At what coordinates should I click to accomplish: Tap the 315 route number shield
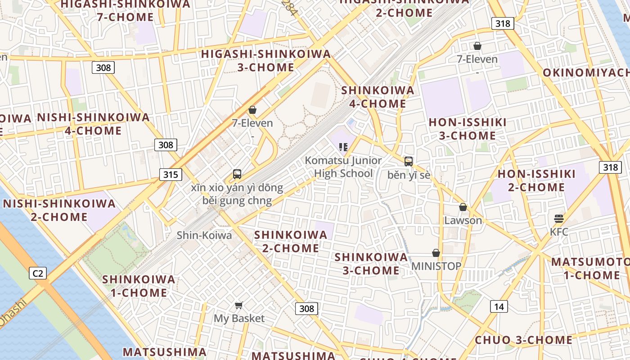click(170, 175)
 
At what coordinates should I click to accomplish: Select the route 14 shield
click(499, 307)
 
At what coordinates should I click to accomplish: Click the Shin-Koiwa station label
click(204, 235)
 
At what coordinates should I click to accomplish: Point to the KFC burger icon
click(559, 219)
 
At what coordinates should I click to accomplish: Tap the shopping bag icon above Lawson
click(463, 207)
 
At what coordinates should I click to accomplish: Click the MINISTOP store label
click(436, 266)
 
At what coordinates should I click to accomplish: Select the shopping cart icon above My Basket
click(239, 305)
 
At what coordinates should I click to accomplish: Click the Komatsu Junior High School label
click(343, 167)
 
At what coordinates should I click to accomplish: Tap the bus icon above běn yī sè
click(409, 162)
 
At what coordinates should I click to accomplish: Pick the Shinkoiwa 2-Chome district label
click(291, 241)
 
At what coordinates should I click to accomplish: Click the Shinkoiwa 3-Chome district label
click(371, 264)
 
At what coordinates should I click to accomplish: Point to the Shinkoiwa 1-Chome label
click(139, 286)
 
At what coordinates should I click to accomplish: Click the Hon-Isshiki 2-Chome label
click(536, 180)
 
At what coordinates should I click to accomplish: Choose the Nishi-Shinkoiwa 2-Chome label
click(59, 210)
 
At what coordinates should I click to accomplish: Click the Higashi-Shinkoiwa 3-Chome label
click(265, 61)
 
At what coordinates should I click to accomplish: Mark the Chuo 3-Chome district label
click(523, 340)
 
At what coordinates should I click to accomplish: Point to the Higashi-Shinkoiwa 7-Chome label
click(125, 10)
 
